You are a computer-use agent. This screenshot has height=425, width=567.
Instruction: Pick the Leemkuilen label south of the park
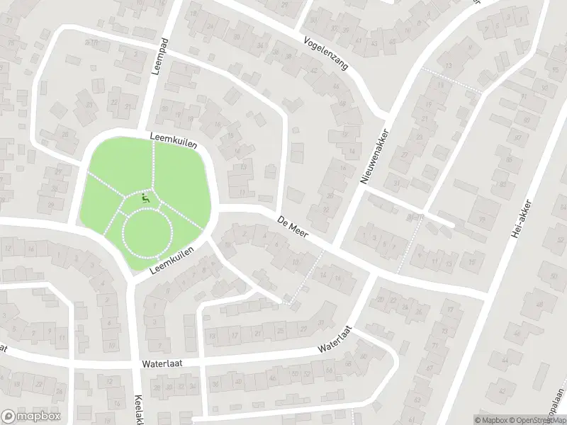tap(171, 261)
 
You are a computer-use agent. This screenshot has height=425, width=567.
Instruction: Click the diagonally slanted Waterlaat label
tap(335, 339)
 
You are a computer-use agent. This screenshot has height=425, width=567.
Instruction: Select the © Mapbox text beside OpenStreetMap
tap(488, 419)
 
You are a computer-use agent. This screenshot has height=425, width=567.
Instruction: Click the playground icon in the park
tap(146, 200)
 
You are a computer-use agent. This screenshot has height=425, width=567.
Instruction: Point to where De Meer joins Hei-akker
tap(486, 293)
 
